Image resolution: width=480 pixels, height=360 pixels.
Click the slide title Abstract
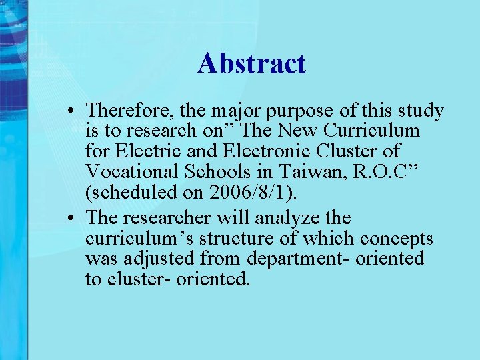pyautogui.click(x=251, y=64)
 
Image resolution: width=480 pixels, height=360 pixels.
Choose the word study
pyautogui.click(x=419, y=111)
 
